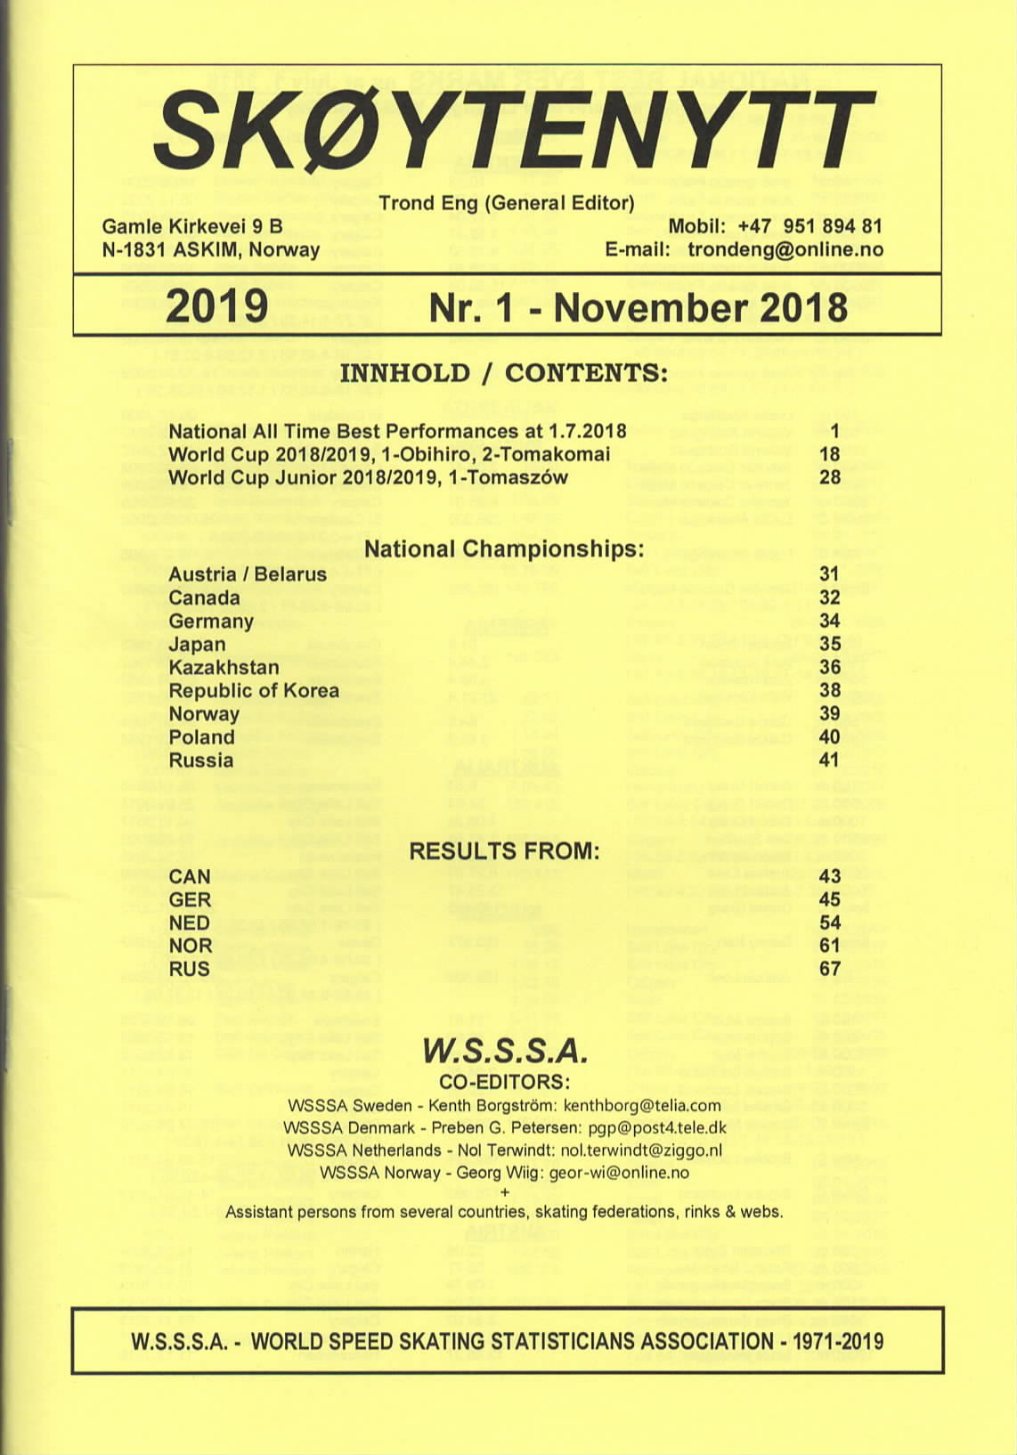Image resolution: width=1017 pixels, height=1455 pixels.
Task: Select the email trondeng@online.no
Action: pyautogui.click(x=785, y=249)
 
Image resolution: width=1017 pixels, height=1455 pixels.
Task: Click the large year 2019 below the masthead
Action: pyautogui.click(x=216, y=305)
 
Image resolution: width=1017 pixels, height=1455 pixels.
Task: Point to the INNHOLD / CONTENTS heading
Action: pyautogui.click(x=503, y=372)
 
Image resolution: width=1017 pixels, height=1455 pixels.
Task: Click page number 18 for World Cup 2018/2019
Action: pyautogui.click(x=829, y=454)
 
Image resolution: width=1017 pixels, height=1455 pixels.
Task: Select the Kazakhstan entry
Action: pyautogui.click(x=224, y=668)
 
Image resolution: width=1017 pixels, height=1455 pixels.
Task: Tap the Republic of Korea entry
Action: pyautogui.click(x=254, y=691)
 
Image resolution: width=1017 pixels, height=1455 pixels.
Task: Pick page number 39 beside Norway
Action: pyautogui.click(x=829, y=714)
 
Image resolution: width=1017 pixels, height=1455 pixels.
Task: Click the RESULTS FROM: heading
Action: pyautogui.click(x=504, y=851)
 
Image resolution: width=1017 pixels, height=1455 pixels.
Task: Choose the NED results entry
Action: pyautogui.click(x=189, y=923)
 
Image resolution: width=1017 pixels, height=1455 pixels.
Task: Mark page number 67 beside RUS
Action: pyautogui.click(x=829, y=969)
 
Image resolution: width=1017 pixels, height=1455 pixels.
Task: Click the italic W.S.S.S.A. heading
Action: pyautogui.click(x=505, y=1052)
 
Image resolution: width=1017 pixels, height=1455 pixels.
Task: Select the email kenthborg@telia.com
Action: pyautogui.click(x=641, y=1106)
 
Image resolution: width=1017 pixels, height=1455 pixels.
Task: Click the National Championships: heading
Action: pyautogui.click(x=504, y=549)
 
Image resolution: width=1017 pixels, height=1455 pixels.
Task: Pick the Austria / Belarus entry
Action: pyautogui.click(x=248, y=574)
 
